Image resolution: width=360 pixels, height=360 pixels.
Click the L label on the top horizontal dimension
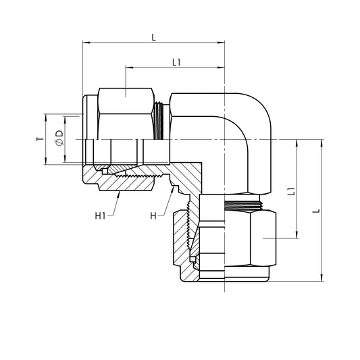pyautogui.click(x=153, y=36)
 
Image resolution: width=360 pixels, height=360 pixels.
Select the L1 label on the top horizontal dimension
pyautogui.click(x=176, y=62)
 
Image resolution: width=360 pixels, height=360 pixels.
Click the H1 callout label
pyautogui.click(x=100, y=216)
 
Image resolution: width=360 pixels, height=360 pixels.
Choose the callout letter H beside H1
pyautogui.click(x=153, y=216)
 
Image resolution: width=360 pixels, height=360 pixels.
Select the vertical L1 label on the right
pyautogui.click(x=290, y=191)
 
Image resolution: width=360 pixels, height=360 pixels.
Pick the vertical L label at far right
pyautogui.click(x=316, y=211)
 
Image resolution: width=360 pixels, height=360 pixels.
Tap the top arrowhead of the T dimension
pyautogui.click(x=46, y=116)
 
